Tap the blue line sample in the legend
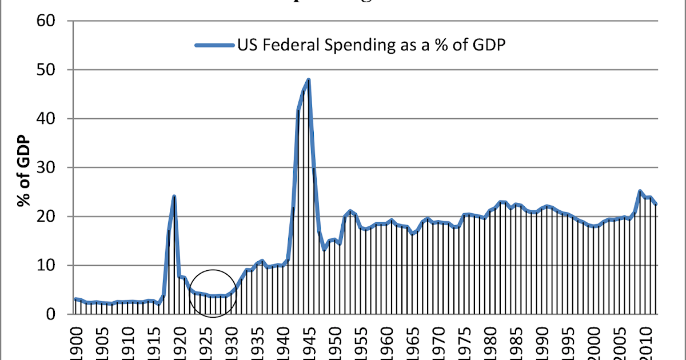pos(214,46)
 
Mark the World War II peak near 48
pos(309,79)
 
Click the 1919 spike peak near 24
pos(174,197)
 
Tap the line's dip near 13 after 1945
pos(324,249)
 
